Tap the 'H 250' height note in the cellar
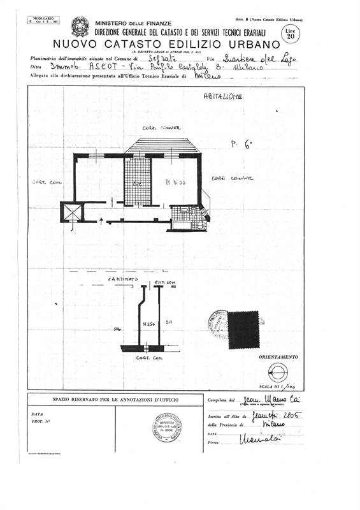[148, 324]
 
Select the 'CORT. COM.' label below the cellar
[151, 358]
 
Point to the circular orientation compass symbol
[278, 373]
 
